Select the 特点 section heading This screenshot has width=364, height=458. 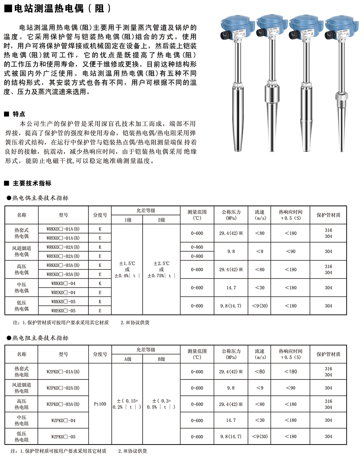(x=19, y=114)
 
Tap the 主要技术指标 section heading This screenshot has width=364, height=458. (x=32, y=183)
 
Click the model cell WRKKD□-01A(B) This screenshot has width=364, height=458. (x=63, y=229)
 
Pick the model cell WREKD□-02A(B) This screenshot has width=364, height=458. (x=63, y=256)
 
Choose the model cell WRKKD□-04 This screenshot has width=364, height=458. (x=63, y=283)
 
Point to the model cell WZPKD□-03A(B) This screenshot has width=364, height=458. (x=63, y=404)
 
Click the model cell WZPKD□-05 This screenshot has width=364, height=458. (x=63, y=437)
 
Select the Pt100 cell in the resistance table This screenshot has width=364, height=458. (x=100, y=404)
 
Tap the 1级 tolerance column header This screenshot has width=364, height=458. (x=127, y=220)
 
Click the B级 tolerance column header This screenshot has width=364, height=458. (x=161, y=359)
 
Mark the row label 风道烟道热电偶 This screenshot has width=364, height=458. (x=21, y=251)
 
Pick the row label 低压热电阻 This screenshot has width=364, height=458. (x=21, y=437)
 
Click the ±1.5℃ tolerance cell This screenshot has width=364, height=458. (x=127, y=269)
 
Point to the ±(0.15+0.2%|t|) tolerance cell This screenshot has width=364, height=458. (x=127, y=404)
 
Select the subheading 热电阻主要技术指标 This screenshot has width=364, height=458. (x=40, y=338)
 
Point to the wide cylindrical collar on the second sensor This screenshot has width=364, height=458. (x=271, y=94)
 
